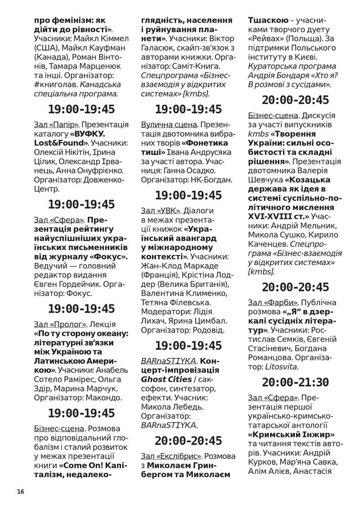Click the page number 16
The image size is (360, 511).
[x=21, y=491]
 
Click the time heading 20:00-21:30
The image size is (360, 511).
[x=295, y=382]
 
